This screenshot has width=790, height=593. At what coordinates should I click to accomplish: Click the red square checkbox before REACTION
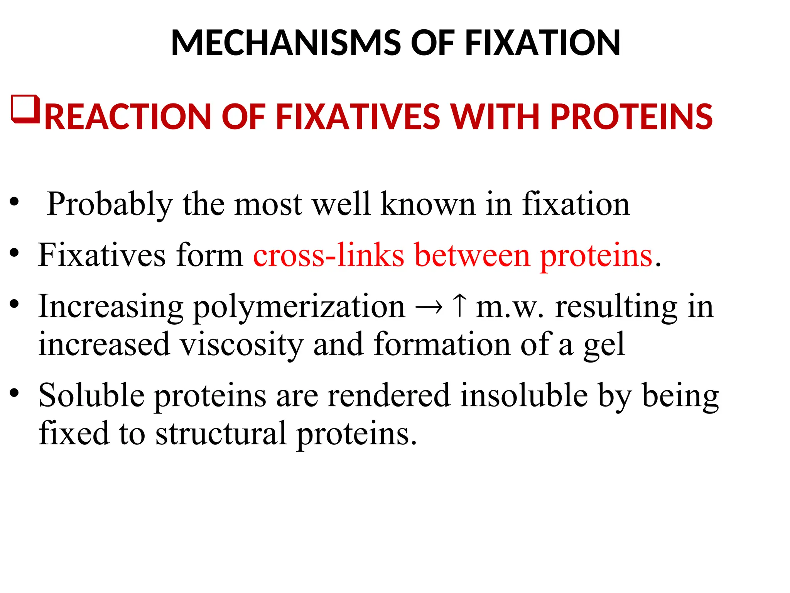26,109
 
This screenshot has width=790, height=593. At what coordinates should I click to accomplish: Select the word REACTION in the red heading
128,116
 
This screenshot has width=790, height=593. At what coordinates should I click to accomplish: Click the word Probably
110,204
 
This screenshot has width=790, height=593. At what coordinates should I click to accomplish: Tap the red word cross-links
329,255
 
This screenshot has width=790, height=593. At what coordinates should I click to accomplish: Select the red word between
473,255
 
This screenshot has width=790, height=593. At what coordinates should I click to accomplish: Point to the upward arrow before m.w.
459,306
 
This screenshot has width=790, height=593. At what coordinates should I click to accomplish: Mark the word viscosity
242,344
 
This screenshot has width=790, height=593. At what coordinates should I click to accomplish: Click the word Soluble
91,395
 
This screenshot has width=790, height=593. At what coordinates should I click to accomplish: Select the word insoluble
524,395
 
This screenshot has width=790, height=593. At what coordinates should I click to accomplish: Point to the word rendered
389,395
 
